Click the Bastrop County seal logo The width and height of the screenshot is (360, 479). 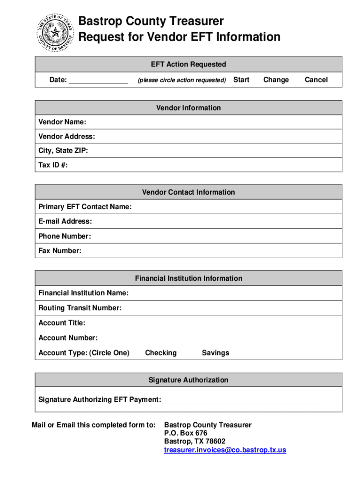point(55,32)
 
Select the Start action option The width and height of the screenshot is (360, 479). point(241,80)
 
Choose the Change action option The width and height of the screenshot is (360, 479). point(276,80)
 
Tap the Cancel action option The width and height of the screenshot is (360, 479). point(316,80)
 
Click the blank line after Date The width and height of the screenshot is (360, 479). point(98,80)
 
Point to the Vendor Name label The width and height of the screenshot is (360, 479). point(62,122)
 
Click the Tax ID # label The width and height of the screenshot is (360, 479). point(53,166)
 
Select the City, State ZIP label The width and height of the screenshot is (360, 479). point(63,151)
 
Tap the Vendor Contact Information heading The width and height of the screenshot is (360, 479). point(188,192)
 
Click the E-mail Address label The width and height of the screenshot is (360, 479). point(65,221)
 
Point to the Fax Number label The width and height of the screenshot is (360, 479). point(60,251)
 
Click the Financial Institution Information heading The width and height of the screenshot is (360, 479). point(188,278)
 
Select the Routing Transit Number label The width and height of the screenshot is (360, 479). point(80,308)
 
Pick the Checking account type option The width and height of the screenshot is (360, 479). point(161,353)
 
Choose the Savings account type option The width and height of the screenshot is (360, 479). point(216,353)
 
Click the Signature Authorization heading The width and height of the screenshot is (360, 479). point(188,380)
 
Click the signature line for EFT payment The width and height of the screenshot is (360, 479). point(241,400)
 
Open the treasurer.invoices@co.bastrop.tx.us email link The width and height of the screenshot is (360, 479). point(225,450)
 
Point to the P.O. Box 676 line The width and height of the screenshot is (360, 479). point(186,433)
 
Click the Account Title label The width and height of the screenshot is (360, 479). point(62,323)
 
